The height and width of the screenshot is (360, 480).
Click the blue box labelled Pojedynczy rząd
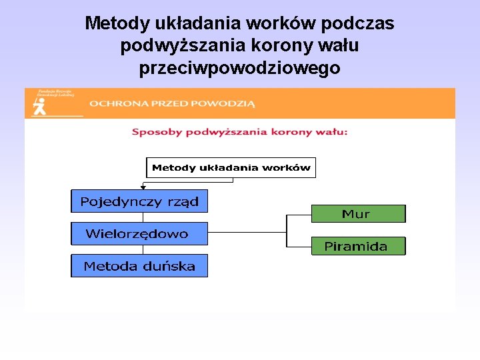pyautogui.click(x=139, y=201)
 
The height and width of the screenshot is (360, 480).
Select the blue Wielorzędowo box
pyautogui.click(x=139, y=233)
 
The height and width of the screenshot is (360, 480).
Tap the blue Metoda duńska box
pyautogui.click(x=139, y=266)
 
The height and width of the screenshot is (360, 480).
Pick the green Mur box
pyautogui.click(x=358, y=213)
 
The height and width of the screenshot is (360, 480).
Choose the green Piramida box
pyautogui.click(x=358, y=246)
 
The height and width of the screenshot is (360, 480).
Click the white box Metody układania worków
pyautogui.click(x=231, y=167)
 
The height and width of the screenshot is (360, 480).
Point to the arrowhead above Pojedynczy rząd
pyautogui.click(x=143, y=188)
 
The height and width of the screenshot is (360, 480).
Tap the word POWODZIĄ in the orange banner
pyautogui.click(x=224, y=103)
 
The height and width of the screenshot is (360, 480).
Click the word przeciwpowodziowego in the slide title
pyautogui.click(x=240, y=68)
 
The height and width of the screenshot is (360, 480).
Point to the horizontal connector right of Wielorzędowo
pyautogui.click(x=247, y=232)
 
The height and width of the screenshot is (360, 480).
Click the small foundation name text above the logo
pyautogui.click(x=55, y=93)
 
